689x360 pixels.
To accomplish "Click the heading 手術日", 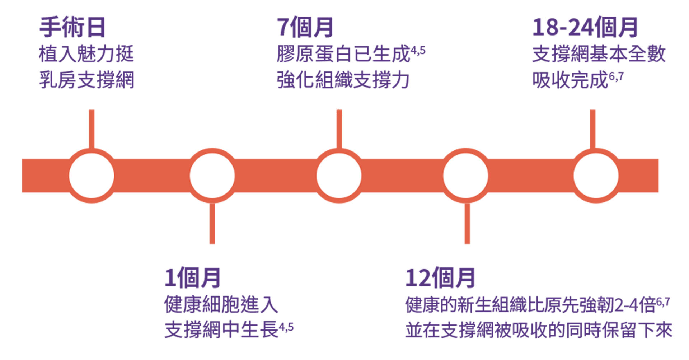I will [72, 27].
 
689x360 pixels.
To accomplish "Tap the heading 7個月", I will [305, 27].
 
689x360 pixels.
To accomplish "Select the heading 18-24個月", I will [585, 27].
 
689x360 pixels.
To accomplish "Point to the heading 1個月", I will [192, 278].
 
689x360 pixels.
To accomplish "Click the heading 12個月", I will [440, 278].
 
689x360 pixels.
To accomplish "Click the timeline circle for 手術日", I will [92, 176].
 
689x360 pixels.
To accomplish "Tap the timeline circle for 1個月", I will [212, 176].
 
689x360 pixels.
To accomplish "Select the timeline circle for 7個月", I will [339, 176].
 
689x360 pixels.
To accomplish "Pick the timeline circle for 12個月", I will [466, 176].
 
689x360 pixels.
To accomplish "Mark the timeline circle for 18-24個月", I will [596, 176].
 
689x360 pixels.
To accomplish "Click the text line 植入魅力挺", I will [86, 54].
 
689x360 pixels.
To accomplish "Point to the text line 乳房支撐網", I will [86, 80].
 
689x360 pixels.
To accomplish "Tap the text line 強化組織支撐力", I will [343, 80].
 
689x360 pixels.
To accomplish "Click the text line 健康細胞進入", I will [221, 304].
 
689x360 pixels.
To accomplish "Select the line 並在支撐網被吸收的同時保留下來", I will [538, 330].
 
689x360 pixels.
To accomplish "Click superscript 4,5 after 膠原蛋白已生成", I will [418, 50].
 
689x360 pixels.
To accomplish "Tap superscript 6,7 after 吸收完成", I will [616, 76].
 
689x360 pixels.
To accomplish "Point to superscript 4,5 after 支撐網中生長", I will [286, 327].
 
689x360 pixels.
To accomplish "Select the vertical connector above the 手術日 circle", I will [92, 128].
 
